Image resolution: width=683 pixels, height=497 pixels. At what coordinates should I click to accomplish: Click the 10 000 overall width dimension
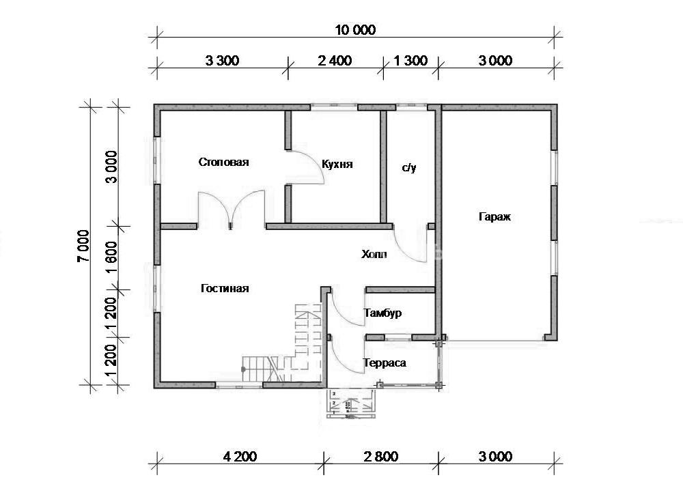click(x=355, y=30)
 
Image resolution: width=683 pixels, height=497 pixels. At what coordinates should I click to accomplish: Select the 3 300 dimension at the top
click(x=222, y=61)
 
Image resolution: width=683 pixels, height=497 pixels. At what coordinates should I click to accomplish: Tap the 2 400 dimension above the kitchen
click(x=335, y=61)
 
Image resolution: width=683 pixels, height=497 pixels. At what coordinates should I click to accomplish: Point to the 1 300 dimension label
click(x=410, y=61)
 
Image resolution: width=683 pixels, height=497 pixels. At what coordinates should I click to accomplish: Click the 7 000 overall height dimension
click(x=83, y=246)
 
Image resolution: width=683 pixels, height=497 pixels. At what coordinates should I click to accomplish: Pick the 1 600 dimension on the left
click(x=111, y=257)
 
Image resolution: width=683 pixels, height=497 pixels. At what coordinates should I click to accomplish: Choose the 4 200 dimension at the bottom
click(x=240, y=457)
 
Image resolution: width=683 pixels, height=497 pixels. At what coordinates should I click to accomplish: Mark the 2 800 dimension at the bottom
click(x=381, y=457)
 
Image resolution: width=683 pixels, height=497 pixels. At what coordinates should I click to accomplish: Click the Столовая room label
click(x=223, y=162)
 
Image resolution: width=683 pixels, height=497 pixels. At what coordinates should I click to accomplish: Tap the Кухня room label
click(x=337, y=165)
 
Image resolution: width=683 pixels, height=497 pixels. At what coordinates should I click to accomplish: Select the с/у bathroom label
click(x=409, y=167)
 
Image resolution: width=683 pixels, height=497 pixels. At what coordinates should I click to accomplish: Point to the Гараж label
click(x=494, y=216)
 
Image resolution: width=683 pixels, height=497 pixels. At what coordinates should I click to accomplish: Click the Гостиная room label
click(x=225, y=289)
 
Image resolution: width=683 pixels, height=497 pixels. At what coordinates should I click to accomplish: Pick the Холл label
click(x=374, y=254)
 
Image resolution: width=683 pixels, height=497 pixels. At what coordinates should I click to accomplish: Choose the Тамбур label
click(x=383, y=313)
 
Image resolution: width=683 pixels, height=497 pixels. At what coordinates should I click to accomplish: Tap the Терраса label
click(x=385, y=363)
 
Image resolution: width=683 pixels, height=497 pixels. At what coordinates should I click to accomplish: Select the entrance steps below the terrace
click(x=351, y=403)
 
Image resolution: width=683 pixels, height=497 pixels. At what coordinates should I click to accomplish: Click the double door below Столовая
click(x=232, y=208)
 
